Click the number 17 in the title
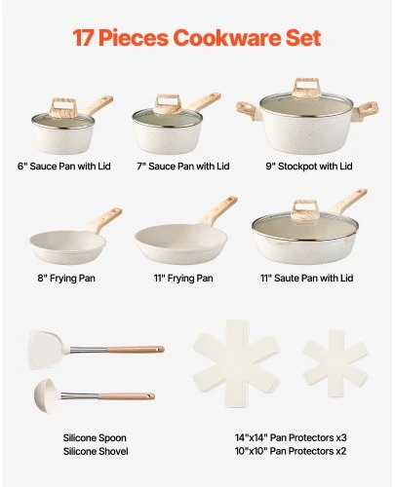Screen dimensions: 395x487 [x=84, y=38]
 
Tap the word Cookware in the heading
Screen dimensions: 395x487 [x=228, y=38]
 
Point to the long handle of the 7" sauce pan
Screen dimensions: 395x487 [x=204, y=100]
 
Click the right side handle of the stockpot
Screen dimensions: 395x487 [x=367, y=111]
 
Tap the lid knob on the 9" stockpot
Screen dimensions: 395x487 [x=306, y=88]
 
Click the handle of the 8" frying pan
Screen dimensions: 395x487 [x=104, y=220]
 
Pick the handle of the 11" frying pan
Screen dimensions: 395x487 [x=220, y=209]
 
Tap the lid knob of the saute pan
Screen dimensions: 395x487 [x=304, y=210]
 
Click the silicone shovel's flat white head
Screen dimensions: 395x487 [x=48, y=350]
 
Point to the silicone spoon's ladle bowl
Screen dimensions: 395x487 [x=47, y=395]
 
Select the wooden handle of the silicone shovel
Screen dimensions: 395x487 [x=136, y=350]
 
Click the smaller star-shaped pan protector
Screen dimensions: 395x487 [x=336, y=363]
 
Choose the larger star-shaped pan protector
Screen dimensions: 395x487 [x=236, y=363]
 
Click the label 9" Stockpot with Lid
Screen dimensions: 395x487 [x=309, y=167]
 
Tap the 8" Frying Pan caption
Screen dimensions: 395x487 [x=66, y=279]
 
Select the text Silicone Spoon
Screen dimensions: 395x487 [x=95, y=437]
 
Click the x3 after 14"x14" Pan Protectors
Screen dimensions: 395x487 [x=341, y=437]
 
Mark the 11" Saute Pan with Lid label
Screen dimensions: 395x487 [x=306, y=279]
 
